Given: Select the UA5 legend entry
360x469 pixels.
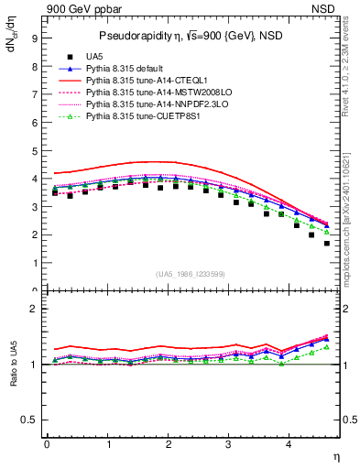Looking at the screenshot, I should (111, 56).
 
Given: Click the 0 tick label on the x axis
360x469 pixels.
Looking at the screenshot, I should (47, 445).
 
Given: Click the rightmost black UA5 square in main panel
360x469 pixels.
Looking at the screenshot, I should (327, 244).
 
